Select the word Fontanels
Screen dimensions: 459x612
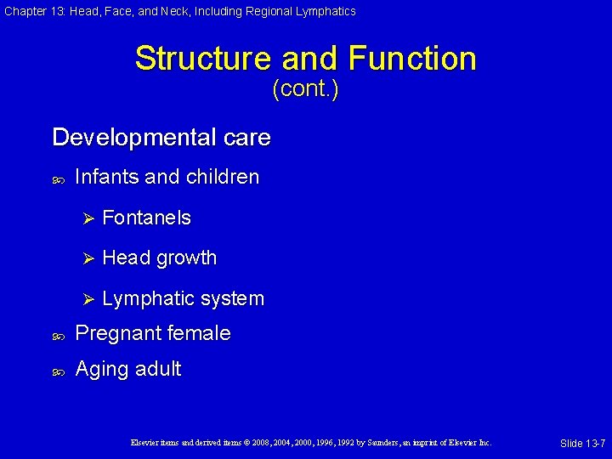146,218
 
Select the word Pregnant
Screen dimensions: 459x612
115,333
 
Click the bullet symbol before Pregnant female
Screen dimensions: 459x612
58,334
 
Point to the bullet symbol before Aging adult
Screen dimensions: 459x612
58,370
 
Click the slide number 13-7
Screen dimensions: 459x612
591,444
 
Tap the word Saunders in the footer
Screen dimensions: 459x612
382,443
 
